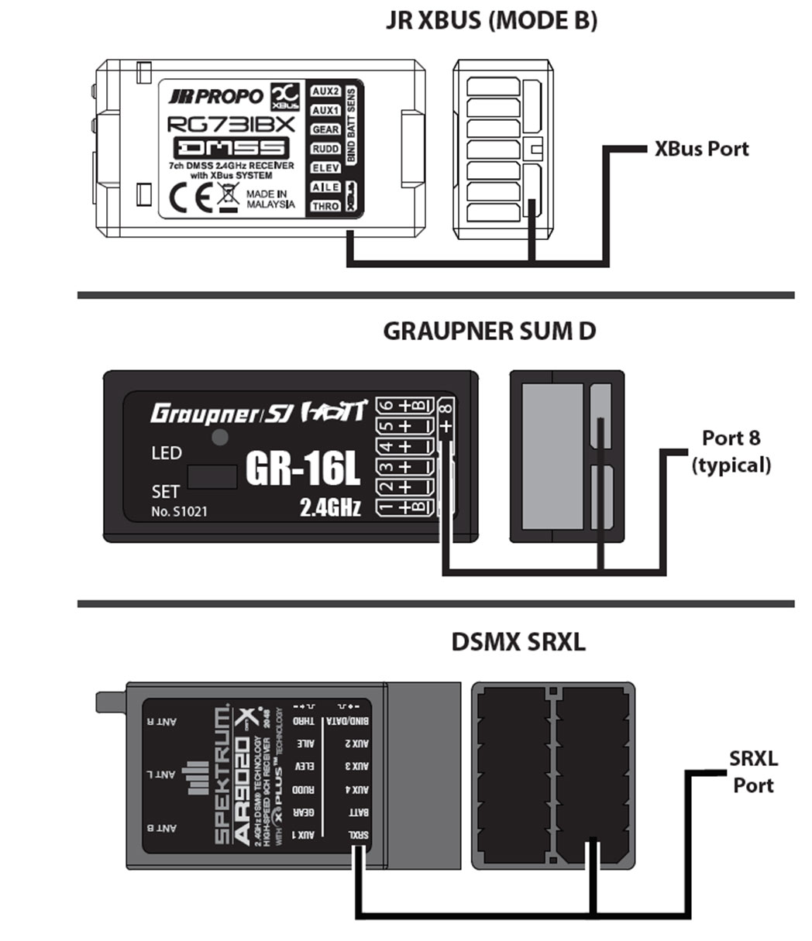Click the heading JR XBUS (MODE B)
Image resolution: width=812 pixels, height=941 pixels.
[x=491, y=21]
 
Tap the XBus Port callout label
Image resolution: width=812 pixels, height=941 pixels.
[x=701, y=148]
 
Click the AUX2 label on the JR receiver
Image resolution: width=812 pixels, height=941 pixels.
[x=325, y=91]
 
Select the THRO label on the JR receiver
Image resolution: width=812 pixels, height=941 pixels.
[x=325, y=206]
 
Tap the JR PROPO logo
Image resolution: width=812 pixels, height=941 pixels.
[x=216, y=96]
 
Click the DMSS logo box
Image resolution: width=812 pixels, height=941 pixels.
[x=231, y=147]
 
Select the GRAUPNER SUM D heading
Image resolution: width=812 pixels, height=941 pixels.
[x=490, y=331]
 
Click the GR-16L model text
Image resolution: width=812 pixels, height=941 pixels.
[x=303, y=467]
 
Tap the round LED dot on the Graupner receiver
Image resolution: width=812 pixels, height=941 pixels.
[x=220, y=438]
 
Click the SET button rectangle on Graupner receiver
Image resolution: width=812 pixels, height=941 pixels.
[x=212, y=476]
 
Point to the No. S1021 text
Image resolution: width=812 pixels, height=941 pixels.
[x=179, y=511]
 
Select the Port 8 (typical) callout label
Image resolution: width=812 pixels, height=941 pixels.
[x=731, y=451]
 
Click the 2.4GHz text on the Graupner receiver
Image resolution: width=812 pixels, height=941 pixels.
[x=330, y=508]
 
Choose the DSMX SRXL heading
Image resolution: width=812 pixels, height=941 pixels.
[x=518, y=643]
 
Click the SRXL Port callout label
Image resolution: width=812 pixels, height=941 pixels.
[x=753, y=771]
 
